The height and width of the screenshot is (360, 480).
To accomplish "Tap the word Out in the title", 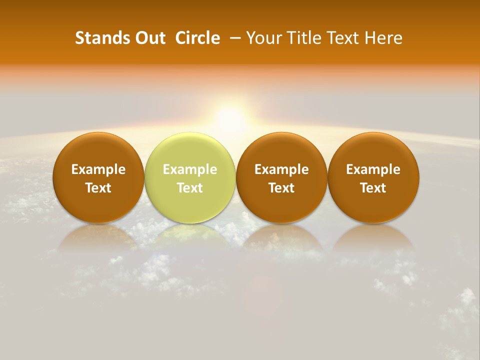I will (x=149, y=38).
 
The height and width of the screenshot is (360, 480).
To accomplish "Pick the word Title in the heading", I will (x=305, y=38).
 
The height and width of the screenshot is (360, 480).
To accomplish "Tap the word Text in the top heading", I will (x=344, y=38).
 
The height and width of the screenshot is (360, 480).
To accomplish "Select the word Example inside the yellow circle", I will (x=190, y=169).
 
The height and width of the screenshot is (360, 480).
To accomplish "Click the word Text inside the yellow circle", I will (x=190, y=188).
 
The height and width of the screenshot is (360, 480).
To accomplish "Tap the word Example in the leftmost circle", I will (x=98, y=169).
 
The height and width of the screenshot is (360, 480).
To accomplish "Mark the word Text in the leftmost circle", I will (x=98, y=188).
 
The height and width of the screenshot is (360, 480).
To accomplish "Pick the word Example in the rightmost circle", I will (x=373, y=169).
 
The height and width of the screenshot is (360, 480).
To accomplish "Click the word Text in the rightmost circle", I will (x=373, y=188).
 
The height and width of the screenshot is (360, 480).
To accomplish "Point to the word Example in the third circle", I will (x=281, y=169).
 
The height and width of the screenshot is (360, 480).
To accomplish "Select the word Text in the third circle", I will (x=281, y=188).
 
